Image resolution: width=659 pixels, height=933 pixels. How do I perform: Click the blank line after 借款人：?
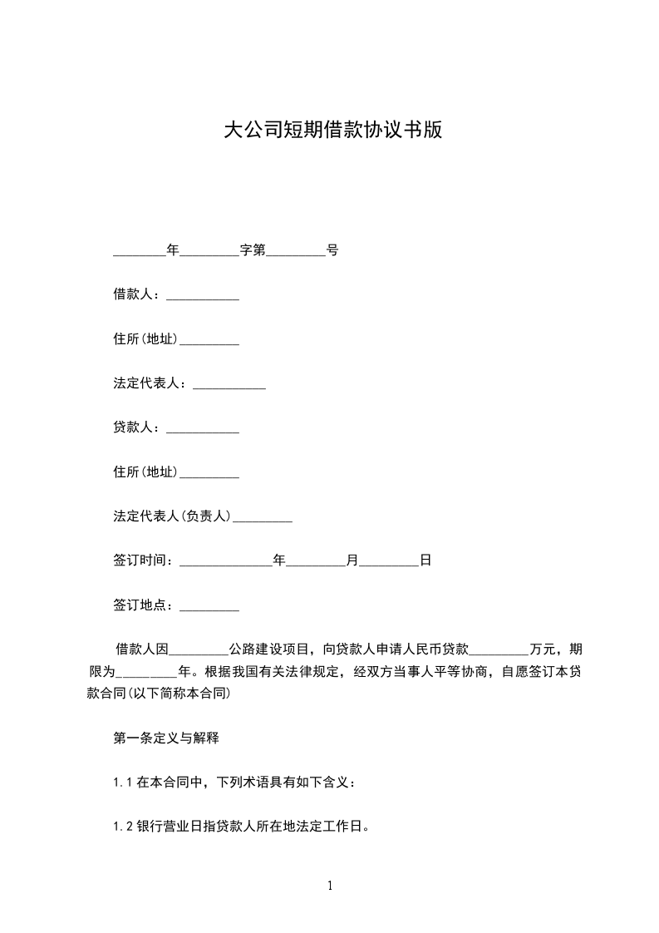[x=203, y=295]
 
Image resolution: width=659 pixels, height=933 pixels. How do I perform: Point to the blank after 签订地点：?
[x=209, y=606]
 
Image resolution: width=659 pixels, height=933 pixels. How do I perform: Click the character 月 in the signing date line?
[x=352, y=561]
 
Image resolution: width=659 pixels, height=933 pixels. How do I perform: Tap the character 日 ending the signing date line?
[x=425, y=561]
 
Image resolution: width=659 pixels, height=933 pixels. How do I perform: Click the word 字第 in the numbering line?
[x=253, y=249]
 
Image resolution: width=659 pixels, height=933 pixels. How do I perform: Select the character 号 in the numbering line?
[x=332, y=249]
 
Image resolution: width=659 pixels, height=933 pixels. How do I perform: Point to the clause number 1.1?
[x=123, y=782]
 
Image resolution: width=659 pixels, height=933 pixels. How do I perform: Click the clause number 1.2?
[x=123, y=827]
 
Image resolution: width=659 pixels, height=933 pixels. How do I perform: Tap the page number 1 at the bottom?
[x=330, y=886]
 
